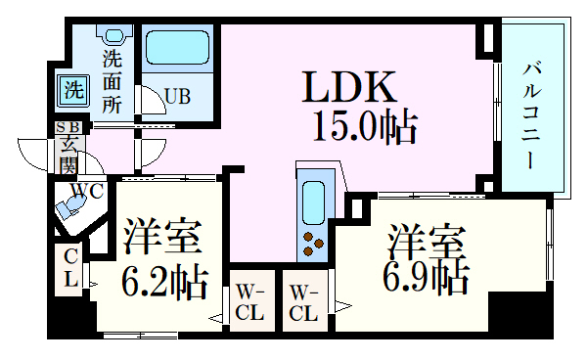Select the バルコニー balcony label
[532, 114]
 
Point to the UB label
[177, 96]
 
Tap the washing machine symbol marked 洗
[72, 90]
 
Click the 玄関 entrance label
[69, 155]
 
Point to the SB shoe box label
[68, 127]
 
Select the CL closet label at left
[70, 266]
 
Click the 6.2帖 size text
[163, 283]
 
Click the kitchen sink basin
[314, 201]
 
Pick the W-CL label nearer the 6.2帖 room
[250, 303]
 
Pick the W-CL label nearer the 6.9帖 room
[303, 303]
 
